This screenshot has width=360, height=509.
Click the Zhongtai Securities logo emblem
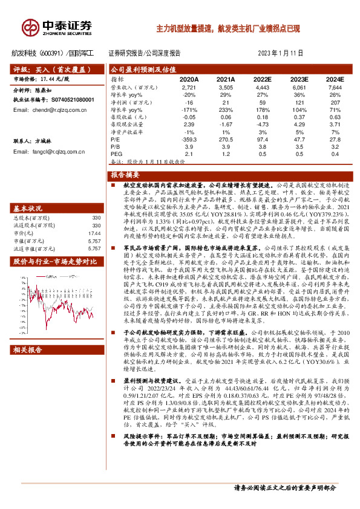[30, 27]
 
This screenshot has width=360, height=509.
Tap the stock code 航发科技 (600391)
[37, 53]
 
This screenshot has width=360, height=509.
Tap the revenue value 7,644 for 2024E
[335, 87]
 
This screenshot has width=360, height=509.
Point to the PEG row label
[117, 154]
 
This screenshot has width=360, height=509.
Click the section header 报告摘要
[126, 174]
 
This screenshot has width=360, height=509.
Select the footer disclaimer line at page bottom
[284, 487]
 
